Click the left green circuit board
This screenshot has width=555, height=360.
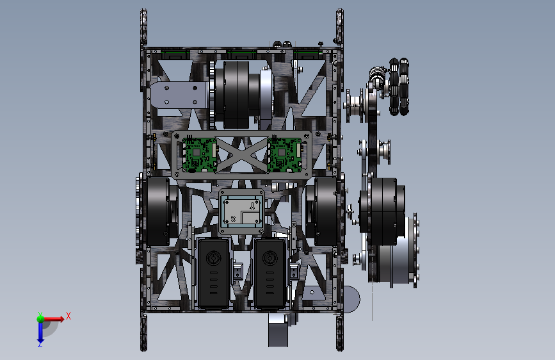click(199, 155)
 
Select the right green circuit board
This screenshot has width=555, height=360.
click(285, 155)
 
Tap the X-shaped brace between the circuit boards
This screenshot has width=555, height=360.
click(242, 155)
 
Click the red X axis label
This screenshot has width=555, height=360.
click(68, 316)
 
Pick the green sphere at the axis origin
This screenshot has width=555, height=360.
click(41, 318)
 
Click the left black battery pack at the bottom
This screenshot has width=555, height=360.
click(213, 273)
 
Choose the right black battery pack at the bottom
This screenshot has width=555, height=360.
click(269, 273)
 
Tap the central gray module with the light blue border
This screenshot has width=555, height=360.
click(242, 211)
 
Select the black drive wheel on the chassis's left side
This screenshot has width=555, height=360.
click(159, 211)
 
